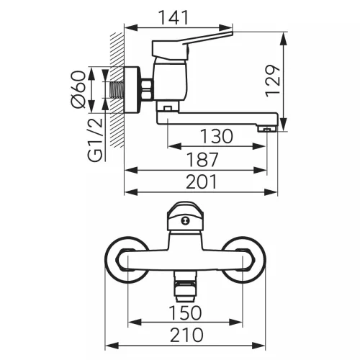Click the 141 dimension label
tap(174, 17)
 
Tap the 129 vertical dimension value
tap(273, 81)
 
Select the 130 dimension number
tap(217, 136)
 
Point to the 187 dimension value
tap(202, 159)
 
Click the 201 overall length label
tap(202, 181)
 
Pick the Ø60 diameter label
tap(78, 89)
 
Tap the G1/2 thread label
tap(95, 140)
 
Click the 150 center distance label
tap(185, 312)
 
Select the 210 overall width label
tap(186, 335)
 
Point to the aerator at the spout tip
tap(267, 129)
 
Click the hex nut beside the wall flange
tap(147, 89)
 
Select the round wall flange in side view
tap(132, 89)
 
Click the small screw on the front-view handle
tap(185, 221)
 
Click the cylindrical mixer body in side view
tap(170, 79)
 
